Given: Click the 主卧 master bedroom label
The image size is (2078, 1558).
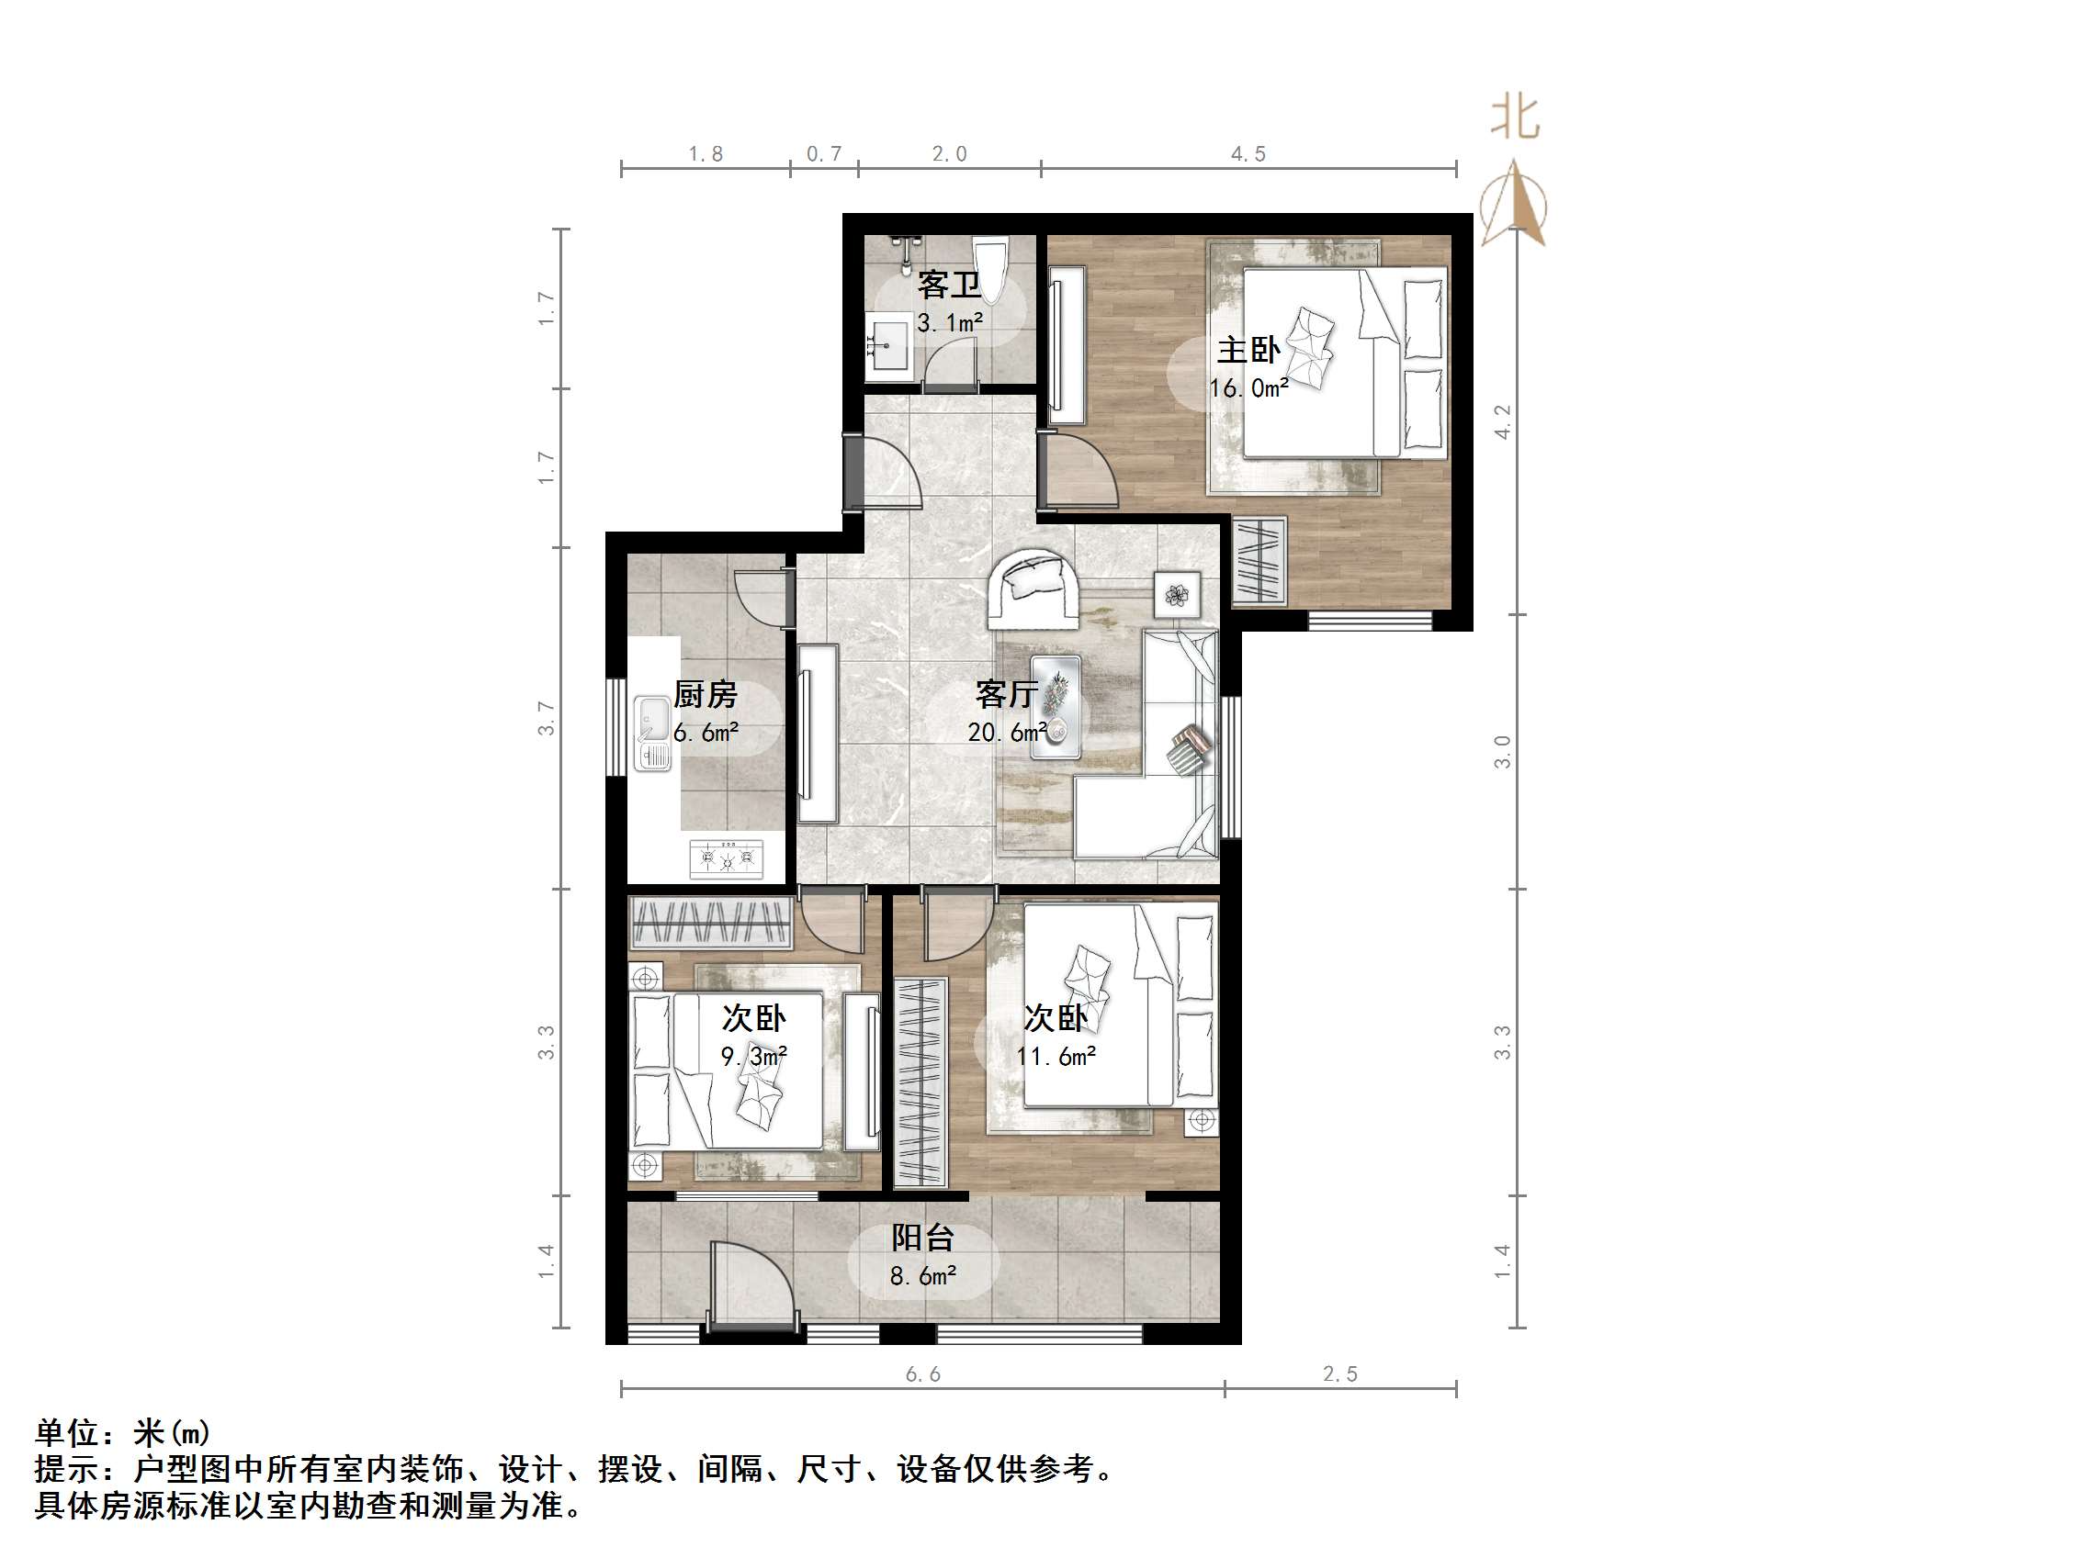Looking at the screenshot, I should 1248,351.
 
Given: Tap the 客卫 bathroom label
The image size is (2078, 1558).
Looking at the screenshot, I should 949,285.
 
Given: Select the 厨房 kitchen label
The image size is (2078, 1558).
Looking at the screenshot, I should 706,695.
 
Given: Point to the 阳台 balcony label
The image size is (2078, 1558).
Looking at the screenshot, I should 922,1238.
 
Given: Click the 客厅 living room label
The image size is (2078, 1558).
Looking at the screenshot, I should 1006,695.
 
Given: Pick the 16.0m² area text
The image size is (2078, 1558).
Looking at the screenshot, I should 1248,387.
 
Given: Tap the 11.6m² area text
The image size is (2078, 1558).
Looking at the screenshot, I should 1056,1057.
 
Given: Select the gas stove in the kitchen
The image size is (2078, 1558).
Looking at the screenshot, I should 726,858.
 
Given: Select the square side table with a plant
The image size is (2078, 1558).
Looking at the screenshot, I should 1177,593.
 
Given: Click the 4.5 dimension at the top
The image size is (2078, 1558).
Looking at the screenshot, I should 1248,154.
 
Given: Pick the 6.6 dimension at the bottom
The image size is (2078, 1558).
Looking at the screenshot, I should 922,1375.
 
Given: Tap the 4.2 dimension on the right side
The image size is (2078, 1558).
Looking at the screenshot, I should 1503,420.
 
